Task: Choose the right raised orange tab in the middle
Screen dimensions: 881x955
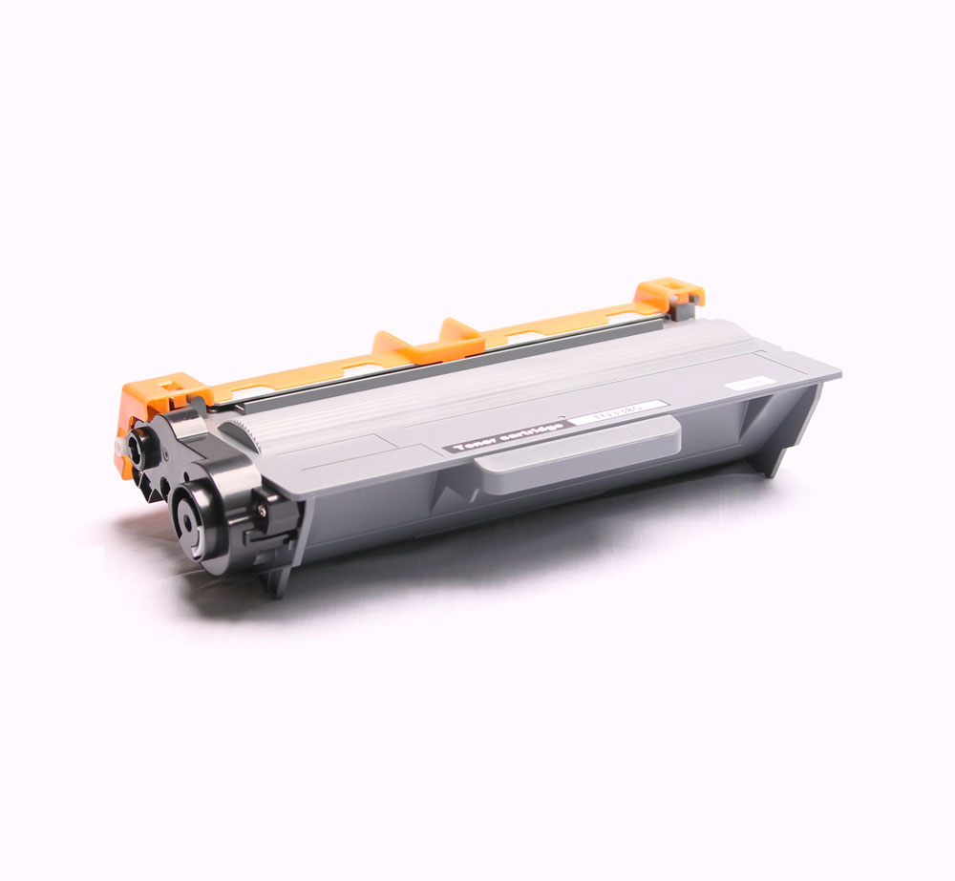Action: [459, 333]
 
